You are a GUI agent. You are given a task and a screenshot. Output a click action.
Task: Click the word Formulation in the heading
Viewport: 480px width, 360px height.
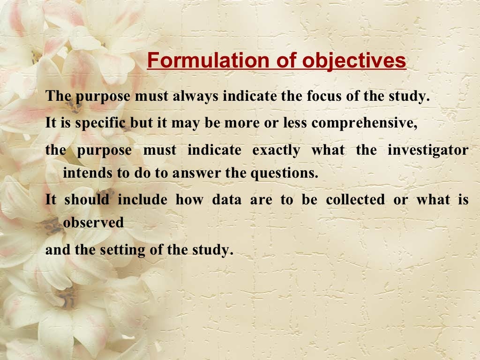coord(208,61)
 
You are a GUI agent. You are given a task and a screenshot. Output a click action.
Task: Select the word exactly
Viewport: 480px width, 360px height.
coord(276,150)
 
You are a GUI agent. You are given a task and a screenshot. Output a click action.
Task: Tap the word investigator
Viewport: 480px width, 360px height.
coord(427,150)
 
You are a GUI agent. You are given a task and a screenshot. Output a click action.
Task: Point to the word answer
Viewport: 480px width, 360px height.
coord(196,173)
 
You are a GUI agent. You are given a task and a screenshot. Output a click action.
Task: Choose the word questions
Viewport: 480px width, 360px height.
coord(284,173)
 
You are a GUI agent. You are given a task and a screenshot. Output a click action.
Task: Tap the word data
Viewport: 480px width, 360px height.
coord(227,200)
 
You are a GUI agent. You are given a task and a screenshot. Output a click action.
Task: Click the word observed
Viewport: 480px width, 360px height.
coord(93,222)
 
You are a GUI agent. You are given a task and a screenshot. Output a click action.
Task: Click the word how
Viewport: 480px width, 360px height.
coord(189,200)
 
